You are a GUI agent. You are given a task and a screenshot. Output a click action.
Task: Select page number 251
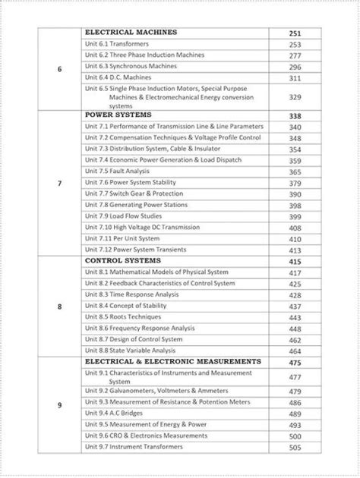tap(295, 33)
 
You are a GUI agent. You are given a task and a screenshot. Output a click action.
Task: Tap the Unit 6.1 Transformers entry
tap(116, 45)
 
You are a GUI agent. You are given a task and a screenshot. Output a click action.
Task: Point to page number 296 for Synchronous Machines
tap(295, 67)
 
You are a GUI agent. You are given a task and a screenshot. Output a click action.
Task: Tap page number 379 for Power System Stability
tap(295, 184)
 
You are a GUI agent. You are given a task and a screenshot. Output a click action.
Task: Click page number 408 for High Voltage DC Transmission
tap(295, 228)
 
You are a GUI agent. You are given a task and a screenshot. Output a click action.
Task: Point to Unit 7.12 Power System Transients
tap(134, 250)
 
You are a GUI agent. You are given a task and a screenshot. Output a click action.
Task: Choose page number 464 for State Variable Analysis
tap(295, 351)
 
